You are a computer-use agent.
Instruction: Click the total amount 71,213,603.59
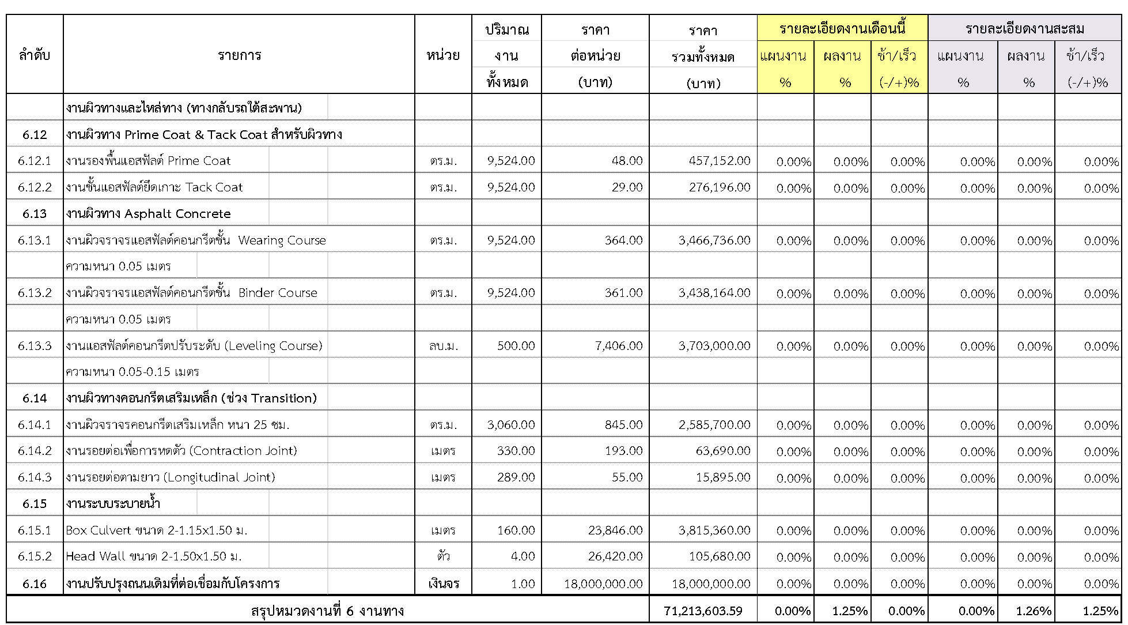[703, 611]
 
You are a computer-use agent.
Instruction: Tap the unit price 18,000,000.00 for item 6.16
[603, 583]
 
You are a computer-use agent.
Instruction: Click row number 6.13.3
[35, 346]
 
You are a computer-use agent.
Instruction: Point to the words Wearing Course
[282, 240]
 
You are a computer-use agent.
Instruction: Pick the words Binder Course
[278, 293]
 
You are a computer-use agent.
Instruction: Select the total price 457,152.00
[720, 161]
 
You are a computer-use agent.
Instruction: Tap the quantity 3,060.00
[510, 425]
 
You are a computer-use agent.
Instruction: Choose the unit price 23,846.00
[615, 530]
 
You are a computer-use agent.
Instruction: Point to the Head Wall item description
[153, 556]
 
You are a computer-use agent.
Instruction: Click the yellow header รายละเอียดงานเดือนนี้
[842, 28]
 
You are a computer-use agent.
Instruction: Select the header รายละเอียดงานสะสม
[1024, 28]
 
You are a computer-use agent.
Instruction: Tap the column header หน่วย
[442, 55]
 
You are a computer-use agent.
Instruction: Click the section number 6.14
[35, 398]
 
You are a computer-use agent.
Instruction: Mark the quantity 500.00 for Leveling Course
[516, 346]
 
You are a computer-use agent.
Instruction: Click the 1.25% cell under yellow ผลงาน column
[850, 611]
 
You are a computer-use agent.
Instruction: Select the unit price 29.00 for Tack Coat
[627, 187]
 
